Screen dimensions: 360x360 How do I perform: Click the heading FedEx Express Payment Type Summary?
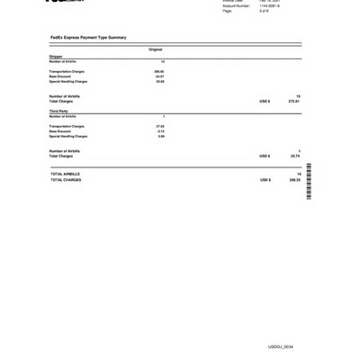click(x=88, y=38)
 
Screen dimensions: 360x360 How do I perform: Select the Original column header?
click(x=156, y=49)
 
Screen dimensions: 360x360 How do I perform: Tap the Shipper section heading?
click(x=56, y=56)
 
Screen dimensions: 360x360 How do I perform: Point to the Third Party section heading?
click(x=58, y=112)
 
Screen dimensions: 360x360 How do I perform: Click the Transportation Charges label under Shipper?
click(x=67, y=71)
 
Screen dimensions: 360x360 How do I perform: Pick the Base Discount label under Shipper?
click(x=61, y=76)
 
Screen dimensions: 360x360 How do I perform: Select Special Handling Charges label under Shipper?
click(x=68, y=82)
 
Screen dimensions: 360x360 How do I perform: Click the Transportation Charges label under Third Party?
click(x=67, y=126)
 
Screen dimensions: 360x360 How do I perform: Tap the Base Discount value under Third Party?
click(x=160, y=131)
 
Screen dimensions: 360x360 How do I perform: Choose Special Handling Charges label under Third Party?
click(x=68, y=137)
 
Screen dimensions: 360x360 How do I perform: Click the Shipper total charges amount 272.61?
click(x=293, y=102)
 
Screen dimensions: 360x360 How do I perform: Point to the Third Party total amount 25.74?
click(x=295, y=157)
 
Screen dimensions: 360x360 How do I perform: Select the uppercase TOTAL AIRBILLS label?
click(x=65, y=174)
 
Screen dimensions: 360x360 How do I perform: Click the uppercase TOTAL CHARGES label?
click(x=66, y=180)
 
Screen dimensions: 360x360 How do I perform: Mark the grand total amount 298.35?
click(x=294, y=180)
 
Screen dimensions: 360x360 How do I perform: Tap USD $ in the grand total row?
click(x=265, y=180)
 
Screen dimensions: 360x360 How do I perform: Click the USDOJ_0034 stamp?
click(x=281, y=346)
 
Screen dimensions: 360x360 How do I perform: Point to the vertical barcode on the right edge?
click(x=309, y=181)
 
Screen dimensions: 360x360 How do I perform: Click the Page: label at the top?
click(x=227, y=11)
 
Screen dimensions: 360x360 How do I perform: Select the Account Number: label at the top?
click(x=236, y=5)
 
